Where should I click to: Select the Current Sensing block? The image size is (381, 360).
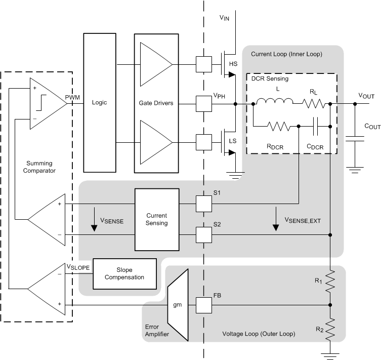156,219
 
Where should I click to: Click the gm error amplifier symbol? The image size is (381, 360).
178,305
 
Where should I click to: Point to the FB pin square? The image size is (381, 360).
203,305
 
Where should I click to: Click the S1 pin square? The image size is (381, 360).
203,204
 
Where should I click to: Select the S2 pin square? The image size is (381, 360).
203,234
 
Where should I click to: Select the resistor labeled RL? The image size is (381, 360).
314,104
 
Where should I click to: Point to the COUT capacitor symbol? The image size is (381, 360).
355,138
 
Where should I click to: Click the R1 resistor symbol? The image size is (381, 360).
330,281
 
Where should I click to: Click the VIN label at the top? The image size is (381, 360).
224,17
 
